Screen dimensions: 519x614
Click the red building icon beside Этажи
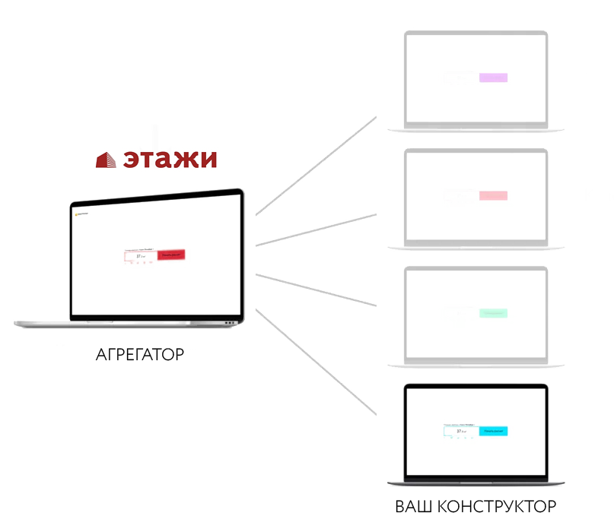coord(106,160)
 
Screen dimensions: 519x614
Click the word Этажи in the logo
coord(170,159)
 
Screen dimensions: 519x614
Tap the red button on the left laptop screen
coord(172,255)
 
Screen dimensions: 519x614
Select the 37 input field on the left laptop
coord(141,257)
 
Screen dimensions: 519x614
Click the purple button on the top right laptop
coord(493,78)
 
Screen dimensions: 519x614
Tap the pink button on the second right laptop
coord(493,195)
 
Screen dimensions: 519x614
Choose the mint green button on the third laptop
coord(493,313)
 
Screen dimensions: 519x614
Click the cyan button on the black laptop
coord(493,431)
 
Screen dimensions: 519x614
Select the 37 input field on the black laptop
coord(461,431)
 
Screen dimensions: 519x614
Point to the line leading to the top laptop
coord(316,166)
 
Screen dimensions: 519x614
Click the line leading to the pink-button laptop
coord(316,230)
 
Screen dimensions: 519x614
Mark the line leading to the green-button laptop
coord(316,290)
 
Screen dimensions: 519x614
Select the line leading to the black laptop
coord(316,362)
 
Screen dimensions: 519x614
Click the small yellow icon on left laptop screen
coord(76,214)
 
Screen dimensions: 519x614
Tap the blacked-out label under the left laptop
coord(139,353)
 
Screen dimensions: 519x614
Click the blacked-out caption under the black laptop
coord(476,506)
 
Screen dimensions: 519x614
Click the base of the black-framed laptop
coord(476,483)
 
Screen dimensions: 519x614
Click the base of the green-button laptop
coord(476,365)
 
